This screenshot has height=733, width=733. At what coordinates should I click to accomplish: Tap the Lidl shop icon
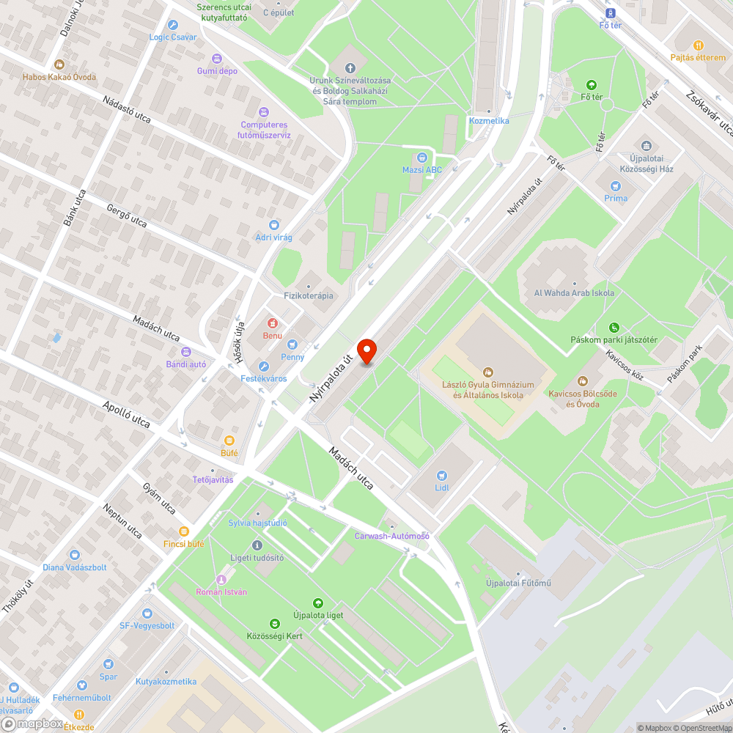(x=441, y=475)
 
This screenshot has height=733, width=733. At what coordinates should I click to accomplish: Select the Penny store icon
(x=292, y=345)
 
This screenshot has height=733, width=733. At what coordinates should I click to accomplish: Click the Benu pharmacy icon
(x=272, y=323)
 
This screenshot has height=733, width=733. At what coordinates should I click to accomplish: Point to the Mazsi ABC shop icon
(x=422, y=158)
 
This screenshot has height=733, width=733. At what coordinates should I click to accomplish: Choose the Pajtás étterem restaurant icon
(x=698, y=45)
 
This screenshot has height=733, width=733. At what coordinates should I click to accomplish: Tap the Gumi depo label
(x=217, y=71)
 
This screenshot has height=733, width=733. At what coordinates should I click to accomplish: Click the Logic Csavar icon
(x=173, y=24)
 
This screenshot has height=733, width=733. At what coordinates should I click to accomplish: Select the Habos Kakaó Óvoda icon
(x=59, y=65)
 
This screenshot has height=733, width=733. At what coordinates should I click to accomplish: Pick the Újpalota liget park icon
(x=317, y=603)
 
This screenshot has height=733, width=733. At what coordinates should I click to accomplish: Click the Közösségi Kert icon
(x=274, y=624)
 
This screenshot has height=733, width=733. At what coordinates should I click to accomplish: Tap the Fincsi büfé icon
(x=185, y=531)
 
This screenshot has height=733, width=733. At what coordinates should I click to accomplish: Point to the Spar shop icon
(x=108, y=664)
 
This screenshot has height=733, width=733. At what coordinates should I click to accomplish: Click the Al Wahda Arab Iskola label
(x=574, y=293)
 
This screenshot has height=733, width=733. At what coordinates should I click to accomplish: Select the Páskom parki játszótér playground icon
(x=614, y=328)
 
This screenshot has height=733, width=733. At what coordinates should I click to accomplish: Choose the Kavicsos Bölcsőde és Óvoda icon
(x=583, y=380)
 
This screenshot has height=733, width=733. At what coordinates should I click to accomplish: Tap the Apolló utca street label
(x=126, y=415)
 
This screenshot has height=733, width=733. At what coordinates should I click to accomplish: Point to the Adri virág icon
(x=274, y=225)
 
